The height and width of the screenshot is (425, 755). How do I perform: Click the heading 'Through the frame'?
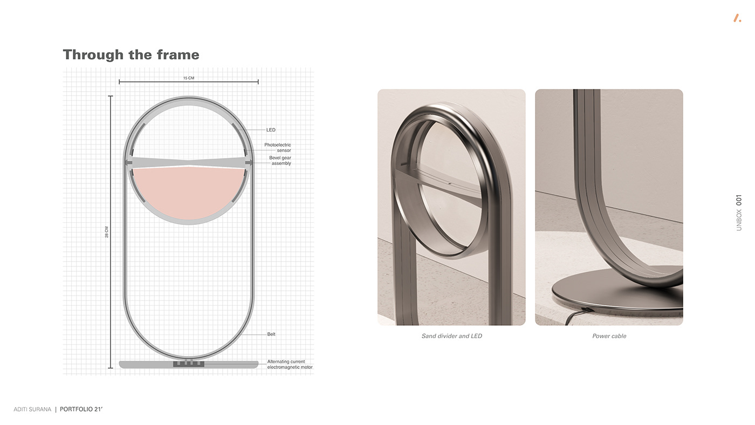click(x=131, y=55)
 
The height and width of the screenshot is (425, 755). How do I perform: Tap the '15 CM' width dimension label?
click(x=188, y=78)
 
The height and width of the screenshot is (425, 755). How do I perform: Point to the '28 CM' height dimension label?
click(x=107, y=232)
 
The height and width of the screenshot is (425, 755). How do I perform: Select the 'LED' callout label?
click(x=271, y=130)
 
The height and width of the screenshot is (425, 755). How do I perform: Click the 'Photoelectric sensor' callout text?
click(x=278, y=148)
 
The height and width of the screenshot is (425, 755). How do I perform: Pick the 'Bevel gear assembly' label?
click(x=280, y=161)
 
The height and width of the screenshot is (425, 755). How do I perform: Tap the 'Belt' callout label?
click(x=271, y=334)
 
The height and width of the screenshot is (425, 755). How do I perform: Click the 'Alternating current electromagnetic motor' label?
click(x=290, y=365)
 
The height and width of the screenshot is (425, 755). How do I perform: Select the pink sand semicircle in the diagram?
click(x=189, y=191)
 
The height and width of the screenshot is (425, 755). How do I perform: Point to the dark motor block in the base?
click(x=188, y=365)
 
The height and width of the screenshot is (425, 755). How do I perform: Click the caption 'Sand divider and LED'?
click(x=451, y=336)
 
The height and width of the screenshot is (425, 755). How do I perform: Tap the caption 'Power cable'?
click(x=609, y=336)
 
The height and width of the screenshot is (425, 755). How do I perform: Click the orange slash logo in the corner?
click(x=737, y=18)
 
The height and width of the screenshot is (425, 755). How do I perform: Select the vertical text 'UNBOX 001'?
click(x=739, y=212)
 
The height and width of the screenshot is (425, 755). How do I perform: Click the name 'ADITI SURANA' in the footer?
click(x=32, y=409)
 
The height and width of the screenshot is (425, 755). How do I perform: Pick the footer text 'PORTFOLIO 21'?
click(x=81, y=409)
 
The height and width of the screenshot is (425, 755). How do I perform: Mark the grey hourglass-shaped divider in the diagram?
click(x=189, y=162)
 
